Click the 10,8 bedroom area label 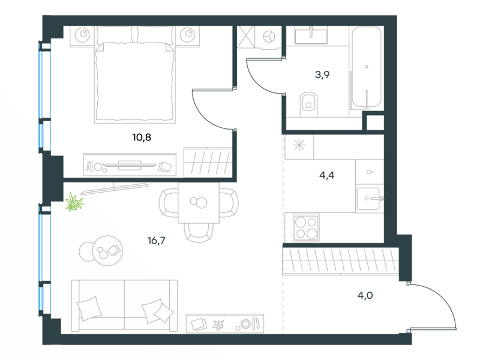(x=142, y=137)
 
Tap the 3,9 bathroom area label (x=322, y=74)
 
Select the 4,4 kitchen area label (x=326, y=175)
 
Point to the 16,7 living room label (x=157, y=241)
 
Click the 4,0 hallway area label (x=365, y=295)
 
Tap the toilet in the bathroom (x=308, y=104)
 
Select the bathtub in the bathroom (x=367, y=67)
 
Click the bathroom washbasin (x=311, y=35)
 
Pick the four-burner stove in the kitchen (x=306, y=227)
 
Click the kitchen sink (x=369, y=199)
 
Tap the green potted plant (x=74, y=202)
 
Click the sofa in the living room (x=124, y=305)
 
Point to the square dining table (x=199, y=203)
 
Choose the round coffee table (x=107, y=251)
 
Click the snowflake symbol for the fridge (x=299, y=145)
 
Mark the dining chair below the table (x=199, y=233)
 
